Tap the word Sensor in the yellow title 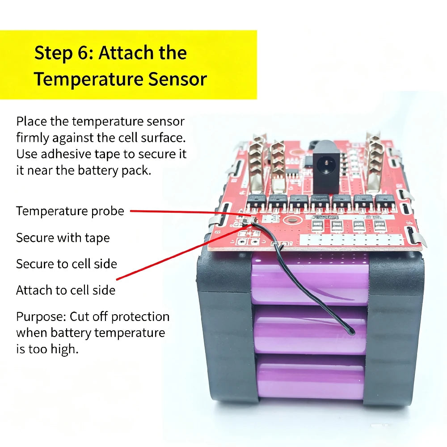click(177, 79)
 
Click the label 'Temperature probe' click(70, 211)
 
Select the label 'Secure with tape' click(63, 238)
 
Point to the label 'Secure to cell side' click(67, 264)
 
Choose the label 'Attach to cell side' click(66, 290)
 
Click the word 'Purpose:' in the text click(41, 317)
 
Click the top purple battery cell click(310, 279)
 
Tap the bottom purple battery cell click(310, 377)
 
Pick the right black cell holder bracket click(395, 328)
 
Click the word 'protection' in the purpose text click(140, 317)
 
